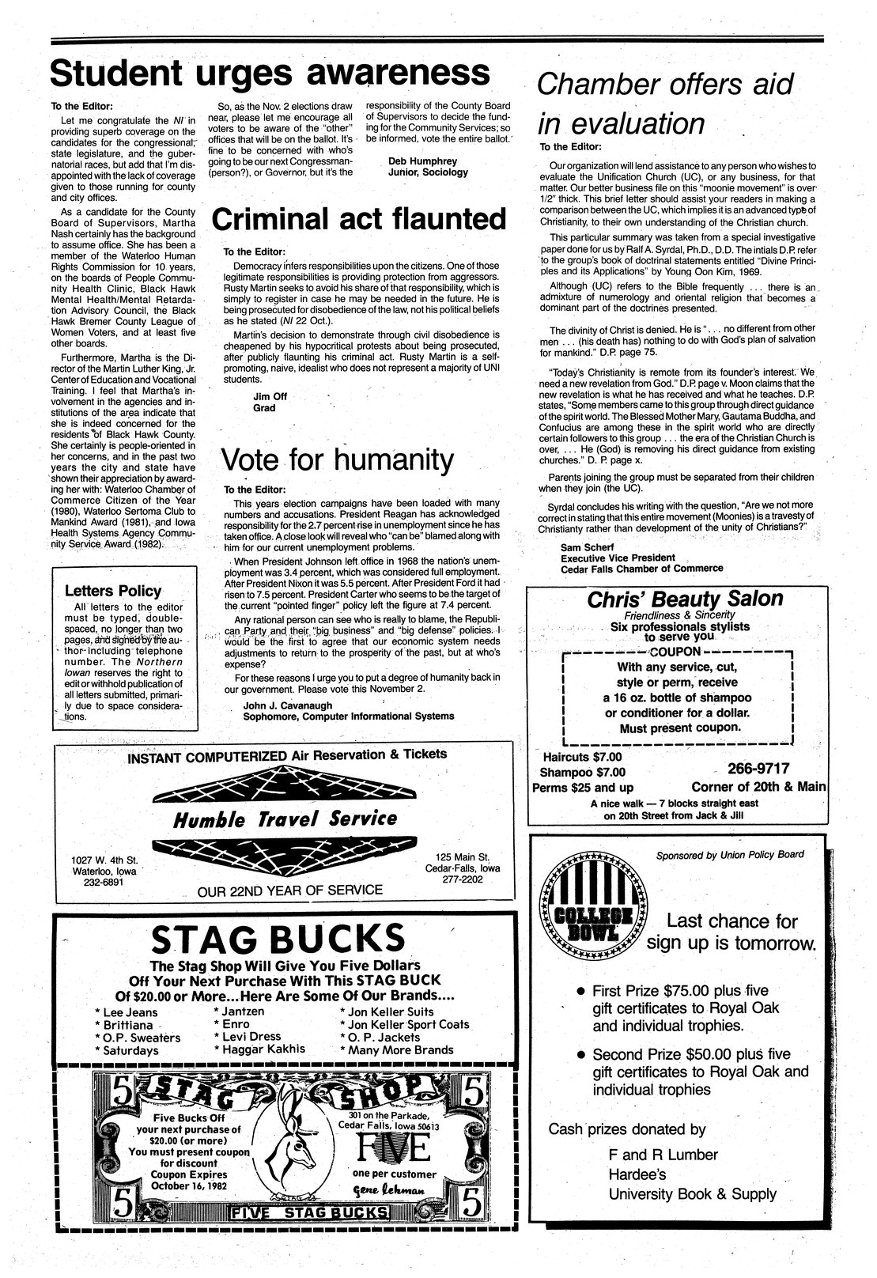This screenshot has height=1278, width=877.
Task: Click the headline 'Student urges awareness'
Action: pos(270,74)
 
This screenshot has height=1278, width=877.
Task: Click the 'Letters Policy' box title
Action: pos(112,591)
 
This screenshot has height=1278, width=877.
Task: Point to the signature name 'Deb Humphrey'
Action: pos(423,161)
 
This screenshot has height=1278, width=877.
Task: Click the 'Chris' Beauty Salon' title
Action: pos(685,599)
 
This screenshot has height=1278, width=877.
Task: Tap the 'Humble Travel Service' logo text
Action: pos(285,819)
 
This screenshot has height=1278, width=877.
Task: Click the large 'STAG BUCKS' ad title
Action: pos(278,940)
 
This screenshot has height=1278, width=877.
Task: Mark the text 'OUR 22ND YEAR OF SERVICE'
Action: pos(289,890)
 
